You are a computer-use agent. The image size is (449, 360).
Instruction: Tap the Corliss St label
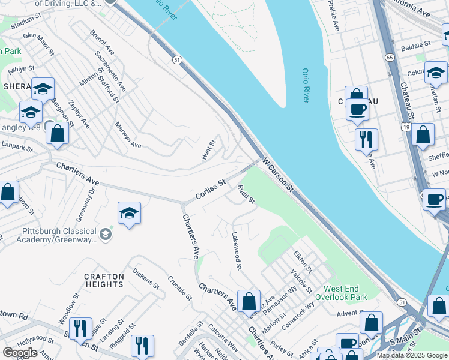[x=209, y=190]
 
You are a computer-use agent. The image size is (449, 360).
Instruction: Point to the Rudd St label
[x=247, y=194]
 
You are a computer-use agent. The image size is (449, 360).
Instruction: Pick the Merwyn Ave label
[x=128, y=136]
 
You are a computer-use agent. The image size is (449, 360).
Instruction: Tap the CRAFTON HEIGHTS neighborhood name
[x=104, y=281]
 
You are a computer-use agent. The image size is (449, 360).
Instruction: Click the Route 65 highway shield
[x=390, y=58]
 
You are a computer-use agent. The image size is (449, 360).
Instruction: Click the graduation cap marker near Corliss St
[x=129, y=214]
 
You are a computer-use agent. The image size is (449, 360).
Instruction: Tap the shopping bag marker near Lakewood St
[x=249, y=301]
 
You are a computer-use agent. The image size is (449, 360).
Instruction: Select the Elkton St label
[x=301, y=262]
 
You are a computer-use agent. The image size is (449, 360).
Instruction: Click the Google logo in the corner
[x=20, y=353]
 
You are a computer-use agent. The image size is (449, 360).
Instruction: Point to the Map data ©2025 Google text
[x=411, y=355]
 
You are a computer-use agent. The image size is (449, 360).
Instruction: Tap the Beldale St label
[x=416, y=44]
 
